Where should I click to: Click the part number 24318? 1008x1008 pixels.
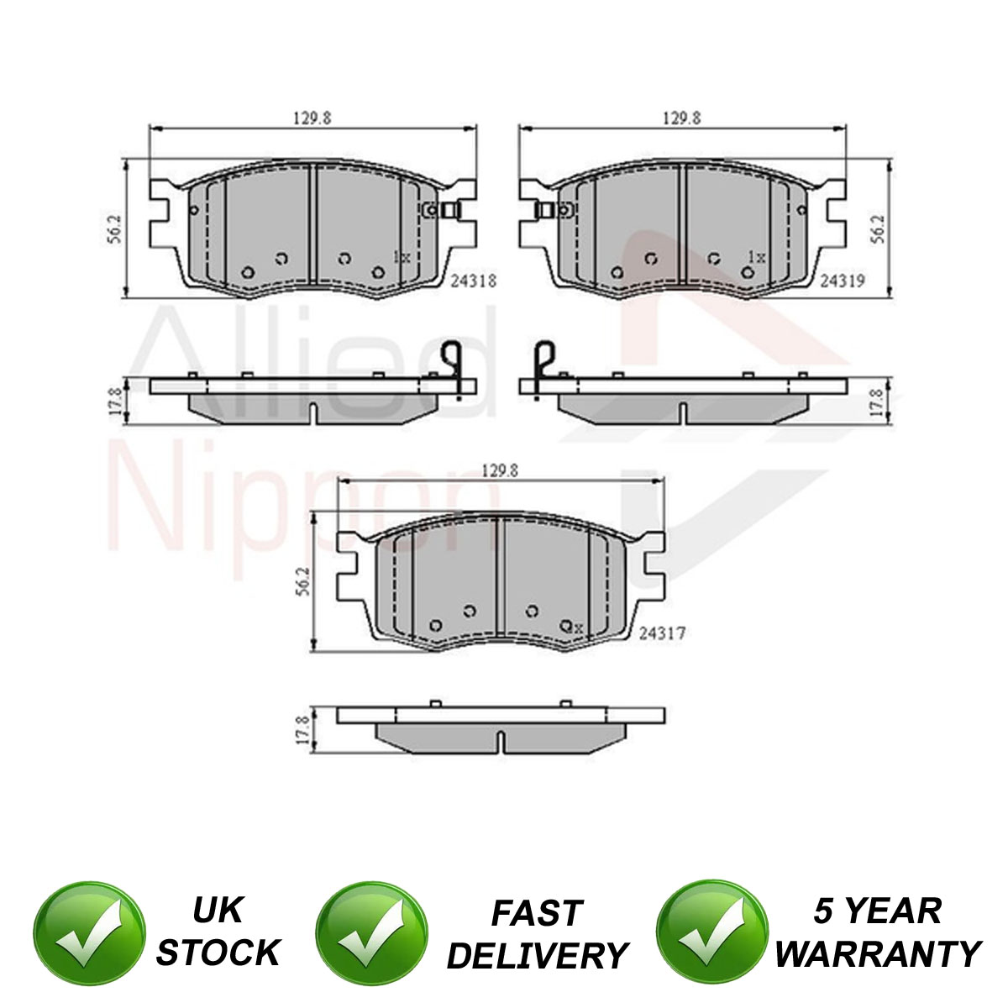473,281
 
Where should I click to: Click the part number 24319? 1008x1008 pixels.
842,281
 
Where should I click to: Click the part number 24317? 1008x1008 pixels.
662,634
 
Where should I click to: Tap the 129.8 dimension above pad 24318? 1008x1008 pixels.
312,118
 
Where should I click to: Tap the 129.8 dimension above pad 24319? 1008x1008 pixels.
681,118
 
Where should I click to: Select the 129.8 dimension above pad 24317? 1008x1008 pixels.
500,471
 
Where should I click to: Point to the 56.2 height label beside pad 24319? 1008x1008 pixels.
879,228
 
